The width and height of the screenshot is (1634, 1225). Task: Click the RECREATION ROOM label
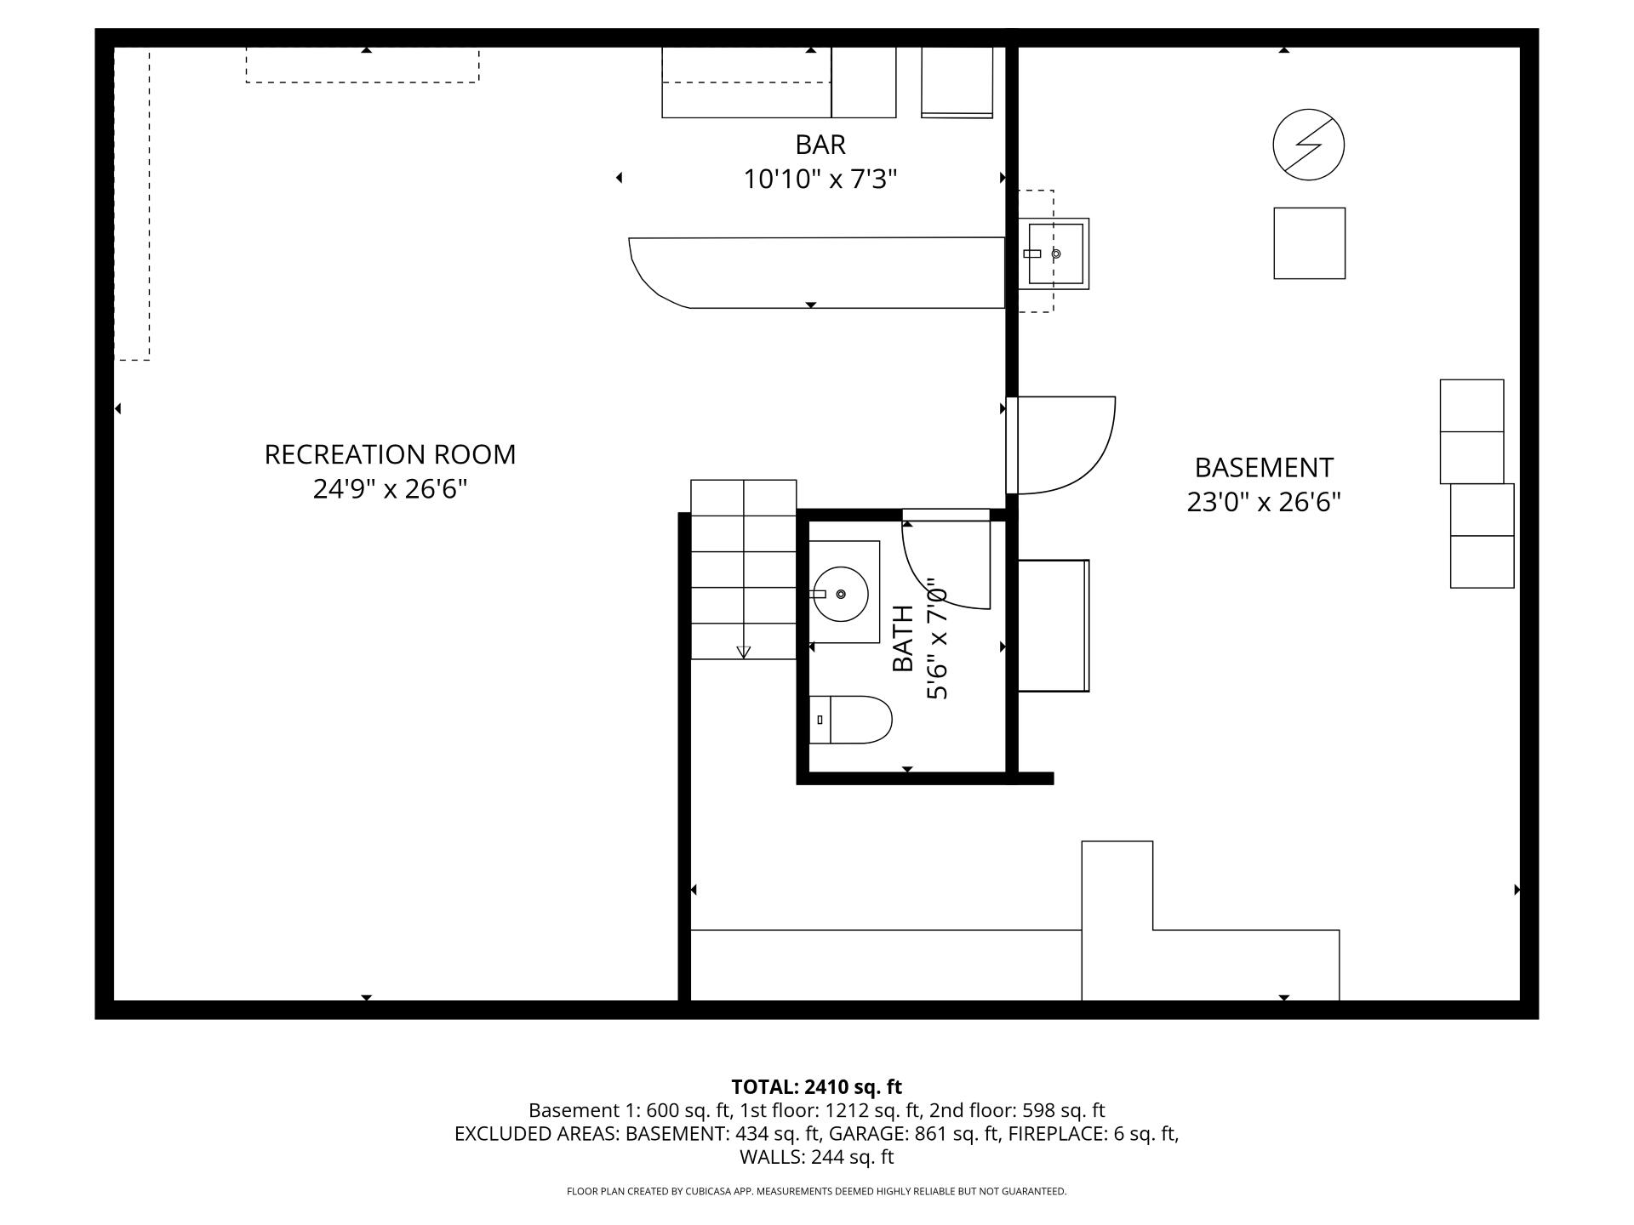coord(390,454)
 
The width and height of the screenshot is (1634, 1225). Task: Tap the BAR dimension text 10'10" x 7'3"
coord(820,179)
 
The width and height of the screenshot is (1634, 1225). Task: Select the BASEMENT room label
coord(1264,468)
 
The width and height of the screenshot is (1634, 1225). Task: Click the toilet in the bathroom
coord(851,720)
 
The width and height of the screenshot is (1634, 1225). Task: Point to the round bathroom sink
coord(840,594)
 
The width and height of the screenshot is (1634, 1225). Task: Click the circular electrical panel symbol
coord(1308,145)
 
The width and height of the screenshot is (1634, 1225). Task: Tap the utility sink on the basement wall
coord(1055,254)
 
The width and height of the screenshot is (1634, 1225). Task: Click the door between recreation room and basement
coord(1064,445)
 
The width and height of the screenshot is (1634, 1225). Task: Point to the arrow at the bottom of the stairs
coord(743,652)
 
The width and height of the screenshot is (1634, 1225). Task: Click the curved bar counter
coord(817,273)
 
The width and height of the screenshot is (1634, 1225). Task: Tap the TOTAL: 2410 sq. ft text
coord(816,1087)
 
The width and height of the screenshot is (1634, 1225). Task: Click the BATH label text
coord(902,638)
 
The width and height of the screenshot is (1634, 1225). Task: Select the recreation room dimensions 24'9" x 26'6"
coord(390,490)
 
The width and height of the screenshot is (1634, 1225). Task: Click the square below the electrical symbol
coord(1309,243)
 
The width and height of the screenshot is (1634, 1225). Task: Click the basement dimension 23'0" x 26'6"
coord(1264,503)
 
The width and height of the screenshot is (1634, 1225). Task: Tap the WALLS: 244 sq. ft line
coord(816,1157)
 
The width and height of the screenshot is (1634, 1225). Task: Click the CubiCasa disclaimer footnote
coord(816,1192)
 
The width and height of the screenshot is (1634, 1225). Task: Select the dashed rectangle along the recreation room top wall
coord(363,66)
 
